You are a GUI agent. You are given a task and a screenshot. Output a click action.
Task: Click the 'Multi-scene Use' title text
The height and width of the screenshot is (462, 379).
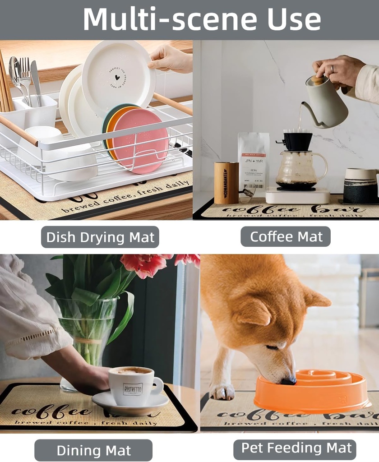click(202, 19)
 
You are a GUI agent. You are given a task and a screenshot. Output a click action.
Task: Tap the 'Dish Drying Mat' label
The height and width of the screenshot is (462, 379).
click(100, 237)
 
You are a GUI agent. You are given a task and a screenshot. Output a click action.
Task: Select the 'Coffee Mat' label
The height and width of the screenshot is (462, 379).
click(286, 236)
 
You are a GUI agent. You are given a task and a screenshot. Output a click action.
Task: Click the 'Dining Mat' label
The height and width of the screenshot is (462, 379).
click(93, 450)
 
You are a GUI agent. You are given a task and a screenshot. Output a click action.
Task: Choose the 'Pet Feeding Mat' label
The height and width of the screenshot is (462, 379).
click(296, 448)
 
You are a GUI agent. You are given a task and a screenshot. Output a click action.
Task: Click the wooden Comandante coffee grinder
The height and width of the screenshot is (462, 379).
click(226, 183)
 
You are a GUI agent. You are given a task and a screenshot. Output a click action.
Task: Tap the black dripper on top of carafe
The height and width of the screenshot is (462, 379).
click(297, 141)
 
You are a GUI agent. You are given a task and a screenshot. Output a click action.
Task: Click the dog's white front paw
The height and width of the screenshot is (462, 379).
click(222, 392)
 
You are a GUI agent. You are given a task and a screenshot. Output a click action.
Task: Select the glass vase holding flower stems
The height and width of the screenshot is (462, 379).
click(86, 334)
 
